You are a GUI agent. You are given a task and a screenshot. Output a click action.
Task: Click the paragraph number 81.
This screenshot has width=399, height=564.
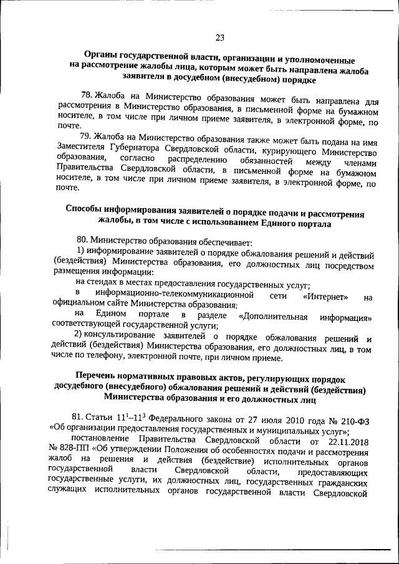coord(79,417)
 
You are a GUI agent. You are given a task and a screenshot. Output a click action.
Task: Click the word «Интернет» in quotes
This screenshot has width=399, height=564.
coord(325,296)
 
